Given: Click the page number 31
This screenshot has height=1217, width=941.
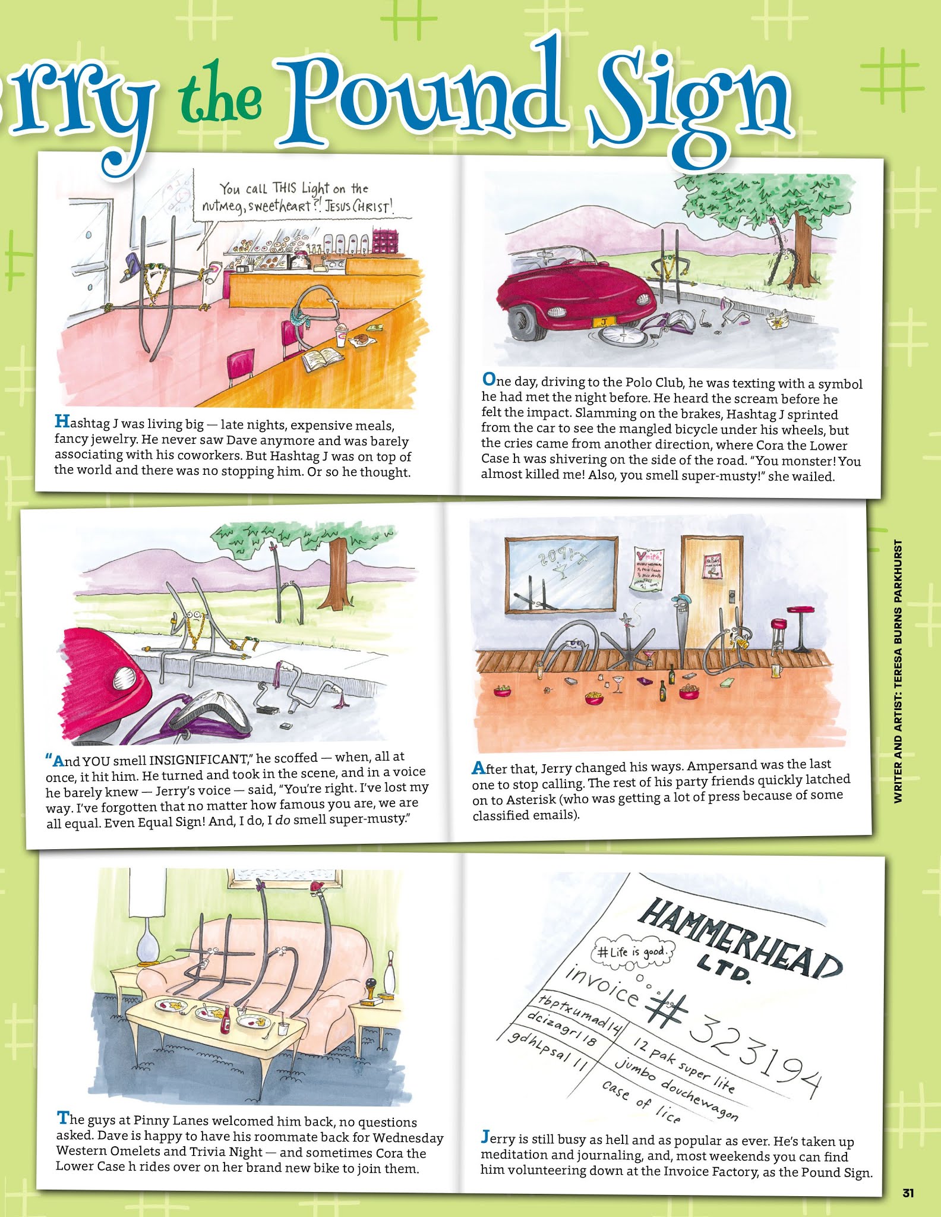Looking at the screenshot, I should tap(907, 1193).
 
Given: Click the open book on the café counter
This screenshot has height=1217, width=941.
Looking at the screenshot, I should tap(323, 359).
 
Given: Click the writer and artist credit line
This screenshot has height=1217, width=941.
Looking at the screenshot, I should tap(898, 671).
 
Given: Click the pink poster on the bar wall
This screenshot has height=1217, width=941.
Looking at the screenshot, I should tap(648, 568).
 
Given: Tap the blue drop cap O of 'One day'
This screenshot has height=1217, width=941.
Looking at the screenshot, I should tap(488, 379).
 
